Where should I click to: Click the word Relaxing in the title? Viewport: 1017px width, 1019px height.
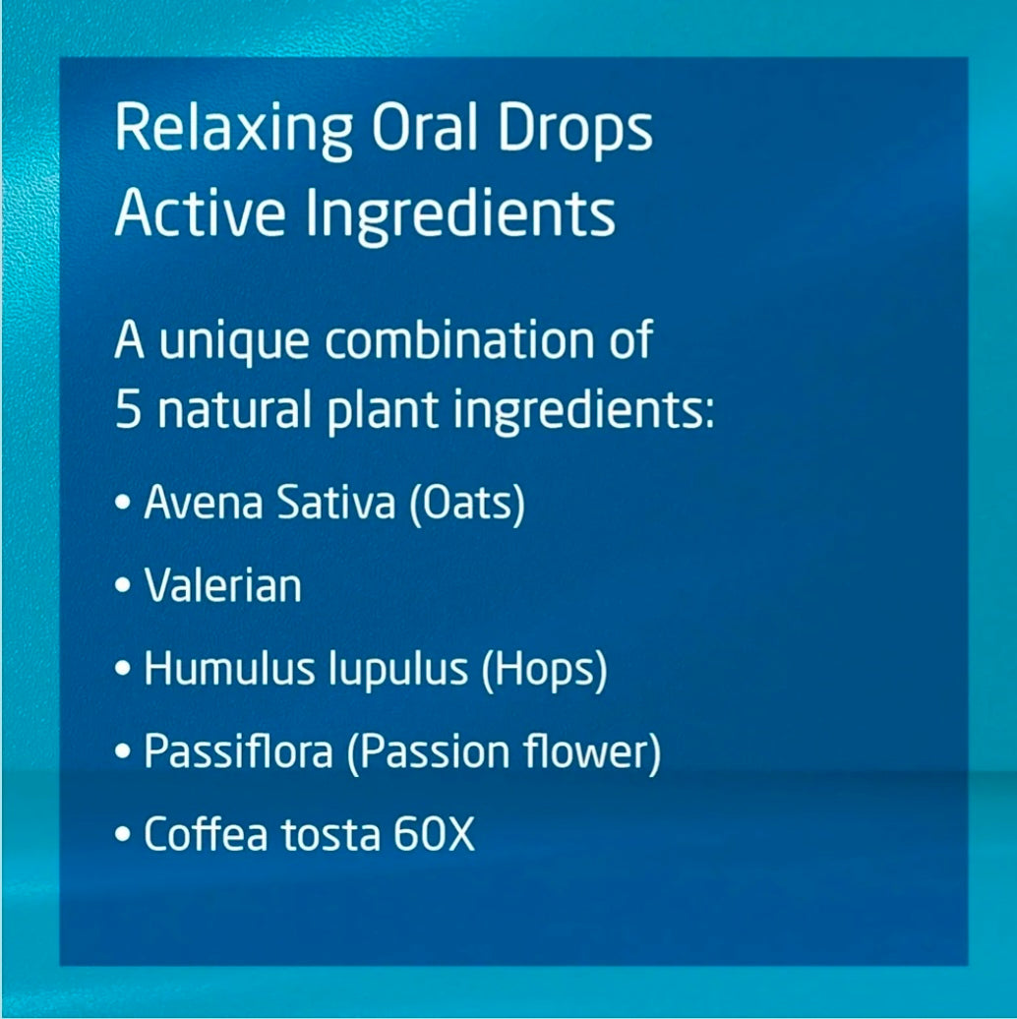pos(234,130)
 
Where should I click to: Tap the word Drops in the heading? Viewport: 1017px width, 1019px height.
pos(575,130)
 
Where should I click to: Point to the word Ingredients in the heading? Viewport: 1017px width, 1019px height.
pos(460,215)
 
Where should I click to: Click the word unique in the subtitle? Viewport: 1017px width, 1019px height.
pos(234,342)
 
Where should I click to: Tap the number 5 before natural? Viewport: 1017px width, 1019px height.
pos(128,410)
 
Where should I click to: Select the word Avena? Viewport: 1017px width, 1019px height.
pos(203,502)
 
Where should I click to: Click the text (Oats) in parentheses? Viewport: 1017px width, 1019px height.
pos(466,504)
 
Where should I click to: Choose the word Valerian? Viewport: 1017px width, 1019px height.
pos(223,585)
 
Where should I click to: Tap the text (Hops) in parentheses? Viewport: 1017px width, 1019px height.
pos(545,670)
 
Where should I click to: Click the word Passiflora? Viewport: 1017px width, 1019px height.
pos(238,751)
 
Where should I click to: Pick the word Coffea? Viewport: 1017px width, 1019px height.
pos(206,834)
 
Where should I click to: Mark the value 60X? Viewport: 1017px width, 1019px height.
pos(434,834)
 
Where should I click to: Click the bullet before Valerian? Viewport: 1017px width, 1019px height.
pos(122,585)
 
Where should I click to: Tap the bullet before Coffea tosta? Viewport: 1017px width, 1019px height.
pos(122,834)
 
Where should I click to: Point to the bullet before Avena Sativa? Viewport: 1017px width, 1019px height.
pos(122,503)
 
